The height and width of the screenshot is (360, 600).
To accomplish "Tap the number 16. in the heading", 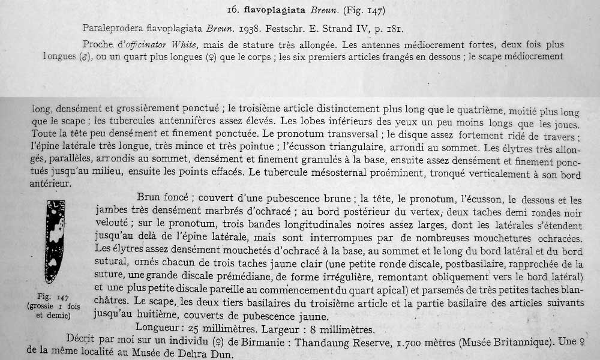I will (x=235, y=10).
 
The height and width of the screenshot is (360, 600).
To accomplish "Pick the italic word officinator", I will (x=153, y=45).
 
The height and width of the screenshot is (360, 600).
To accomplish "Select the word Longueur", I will (x=158, y=329).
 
